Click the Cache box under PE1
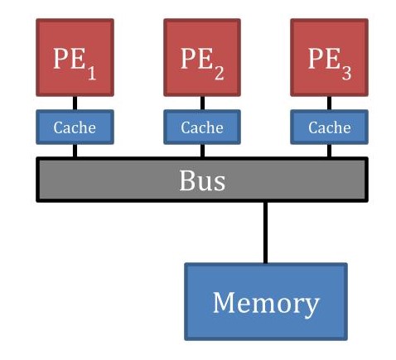75,127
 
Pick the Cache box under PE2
202,127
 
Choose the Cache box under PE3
329,127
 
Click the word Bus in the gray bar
202,180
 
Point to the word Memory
265,303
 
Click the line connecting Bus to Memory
265,233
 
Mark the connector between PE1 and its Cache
75,103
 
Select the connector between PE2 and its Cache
202,103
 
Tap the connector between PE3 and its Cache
329,103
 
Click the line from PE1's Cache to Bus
75,151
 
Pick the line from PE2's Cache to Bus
202,151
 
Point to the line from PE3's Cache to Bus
329,151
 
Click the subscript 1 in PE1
91,73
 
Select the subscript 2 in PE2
219,73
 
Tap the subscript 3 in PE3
346,73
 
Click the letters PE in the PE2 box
196,60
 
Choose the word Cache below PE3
329,127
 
